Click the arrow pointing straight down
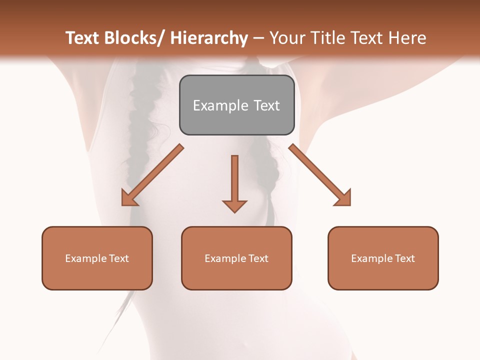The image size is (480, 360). tap(234, 182)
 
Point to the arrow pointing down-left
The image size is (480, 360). tap(152, 175)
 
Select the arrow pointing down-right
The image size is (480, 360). tap(320, 175)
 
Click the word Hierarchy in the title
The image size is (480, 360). tap(209, 38)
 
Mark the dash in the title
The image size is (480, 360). tap(258, 38)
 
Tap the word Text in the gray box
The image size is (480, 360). tap(266, 105)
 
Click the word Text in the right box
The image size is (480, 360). tap(404, 258)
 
